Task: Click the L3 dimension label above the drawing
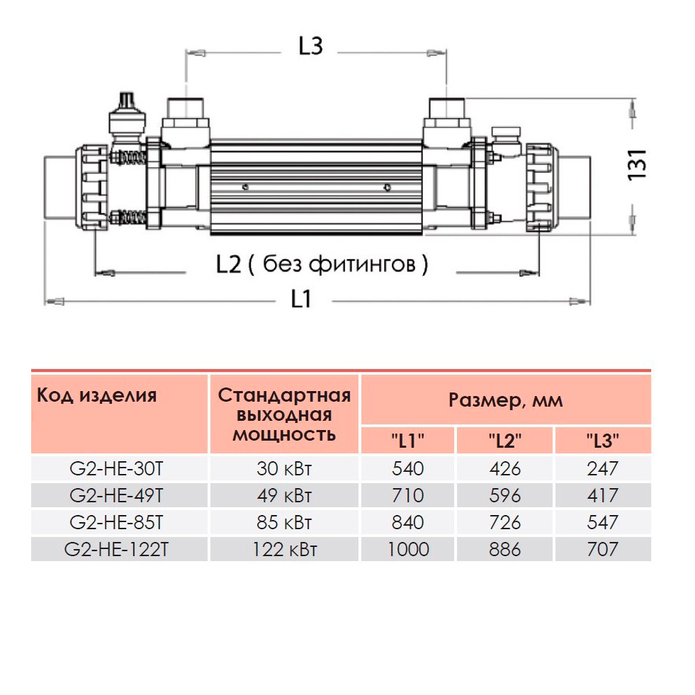310,47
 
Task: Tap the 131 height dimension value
638,164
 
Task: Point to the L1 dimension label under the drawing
302,300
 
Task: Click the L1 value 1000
408,549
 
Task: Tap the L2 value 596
505,495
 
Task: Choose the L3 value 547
603,522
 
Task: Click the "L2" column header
505,440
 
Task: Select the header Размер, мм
506,401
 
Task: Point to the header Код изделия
96,395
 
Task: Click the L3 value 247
603,468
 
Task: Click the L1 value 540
408,468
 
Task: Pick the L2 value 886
505,549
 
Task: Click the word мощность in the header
284,434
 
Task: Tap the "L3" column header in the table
603,440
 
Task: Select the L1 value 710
408,495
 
